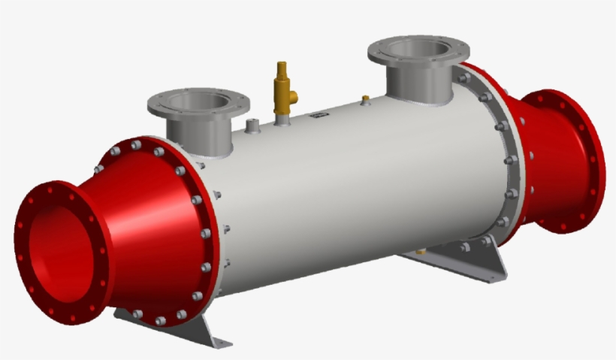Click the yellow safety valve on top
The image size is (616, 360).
point(284,89)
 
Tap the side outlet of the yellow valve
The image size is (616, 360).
point(294,96)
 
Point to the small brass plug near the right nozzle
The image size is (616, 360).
point(366,98)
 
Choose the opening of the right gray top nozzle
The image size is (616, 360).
point(418,49)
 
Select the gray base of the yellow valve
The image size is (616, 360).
point(282,118)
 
